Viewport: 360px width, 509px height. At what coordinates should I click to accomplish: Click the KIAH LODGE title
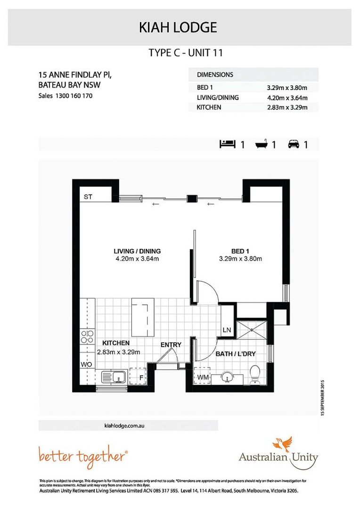click(178, 28)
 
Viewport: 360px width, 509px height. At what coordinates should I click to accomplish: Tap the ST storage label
click(88, 197)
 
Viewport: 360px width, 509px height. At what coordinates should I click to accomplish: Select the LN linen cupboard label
click(227, 330)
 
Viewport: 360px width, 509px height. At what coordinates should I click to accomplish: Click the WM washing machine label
click(202, 377)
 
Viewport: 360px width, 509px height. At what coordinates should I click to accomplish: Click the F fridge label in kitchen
click(140, 377)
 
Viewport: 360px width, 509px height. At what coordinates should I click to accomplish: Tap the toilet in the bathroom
click(254, 375)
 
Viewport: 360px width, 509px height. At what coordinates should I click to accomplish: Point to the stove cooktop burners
click(88, 337)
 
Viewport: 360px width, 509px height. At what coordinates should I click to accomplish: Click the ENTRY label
click(171, 345)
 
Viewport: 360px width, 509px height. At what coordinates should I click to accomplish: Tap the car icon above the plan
click(294, 144)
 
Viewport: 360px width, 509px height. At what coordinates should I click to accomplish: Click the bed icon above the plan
click(227, 144)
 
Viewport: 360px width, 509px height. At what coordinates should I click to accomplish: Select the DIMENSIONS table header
click(215, 74)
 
